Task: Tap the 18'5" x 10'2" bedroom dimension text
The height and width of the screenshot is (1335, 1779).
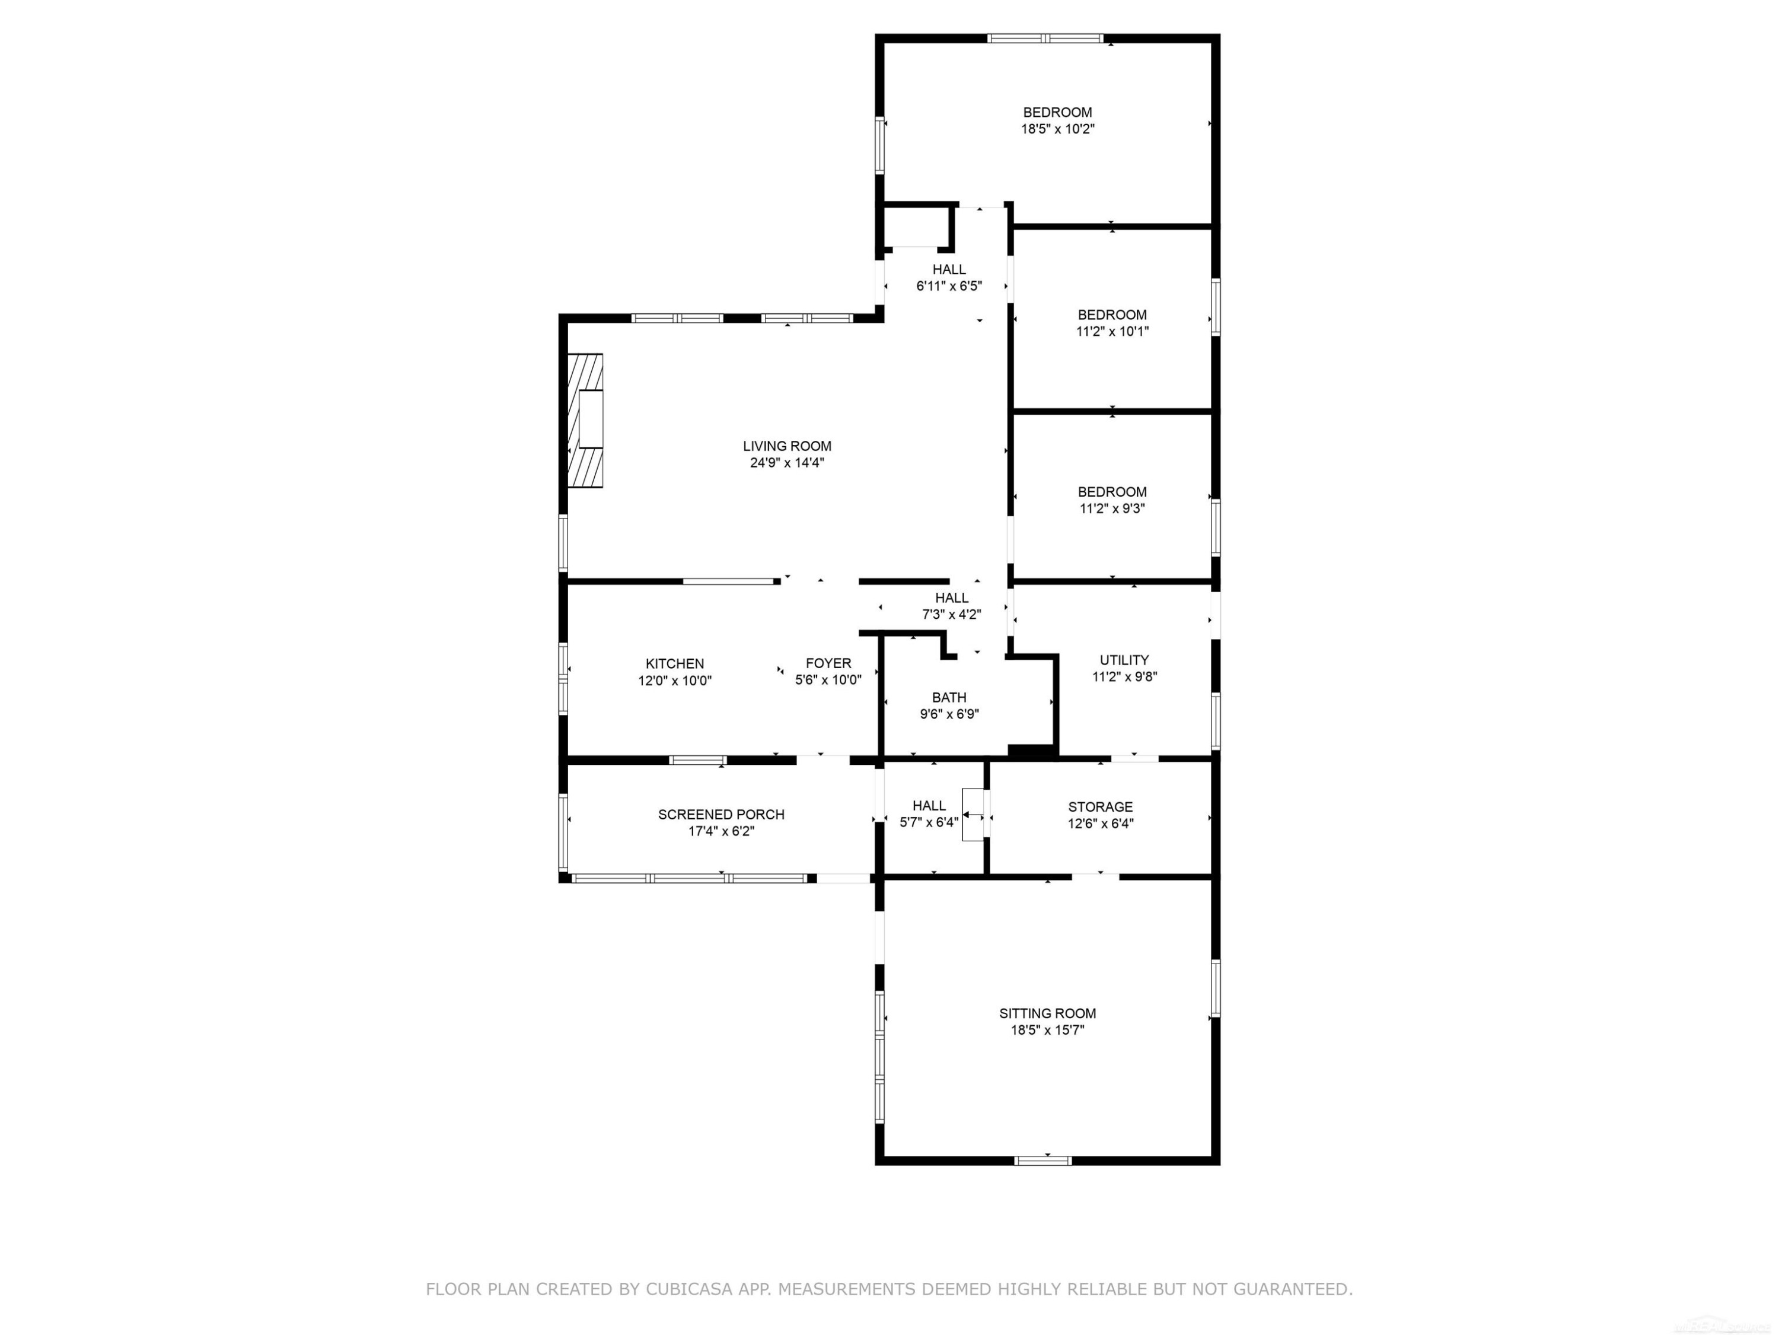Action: pos(1057,129)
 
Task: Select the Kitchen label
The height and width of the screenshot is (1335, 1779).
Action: pos(675,664)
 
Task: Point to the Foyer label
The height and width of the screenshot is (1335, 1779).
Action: pos(828,663)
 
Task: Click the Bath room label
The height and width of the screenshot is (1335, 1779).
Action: pos(949,698)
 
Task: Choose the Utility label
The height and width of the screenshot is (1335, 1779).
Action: pos(1124,660)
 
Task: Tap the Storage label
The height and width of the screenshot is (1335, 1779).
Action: pos(1100,806)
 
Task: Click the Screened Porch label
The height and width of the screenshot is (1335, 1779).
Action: pos(722,815)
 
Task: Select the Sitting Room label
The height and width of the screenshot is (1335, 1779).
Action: pos(1047,1013)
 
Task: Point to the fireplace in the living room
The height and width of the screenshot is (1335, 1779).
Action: pos(586,420)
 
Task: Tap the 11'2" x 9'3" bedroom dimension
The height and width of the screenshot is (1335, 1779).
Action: pos(1112,508)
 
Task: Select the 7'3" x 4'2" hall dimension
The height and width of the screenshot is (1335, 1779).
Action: pos(951,615)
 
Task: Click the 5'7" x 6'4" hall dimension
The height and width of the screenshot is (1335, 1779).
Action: pos(929,822)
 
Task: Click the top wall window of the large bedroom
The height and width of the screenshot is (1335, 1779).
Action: pos(1045,38)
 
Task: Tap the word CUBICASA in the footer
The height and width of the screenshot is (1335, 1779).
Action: pos(688,1289)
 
